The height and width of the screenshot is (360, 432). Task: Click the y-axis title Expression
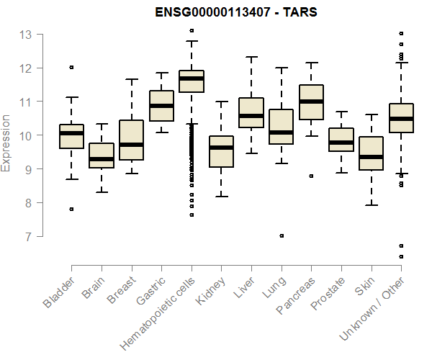tap(6, 143)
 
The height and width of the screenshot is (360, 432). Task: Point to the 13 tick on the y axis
tap(26, 34)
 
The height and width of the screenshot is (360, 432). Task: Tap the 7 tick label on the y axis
tap(26, 236)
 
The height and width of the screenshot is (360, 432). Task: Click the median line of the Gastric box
tap(161, 106)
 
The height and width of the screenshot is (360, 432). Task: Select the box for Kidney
tap(221, 151)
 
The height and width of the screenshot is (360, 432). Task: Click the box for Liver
tap(251, 112)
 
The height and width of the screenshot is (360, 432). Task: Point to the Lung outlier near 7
tap(282, 235)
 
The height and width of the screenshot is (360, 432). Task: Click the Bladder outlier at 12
tap(71, 67)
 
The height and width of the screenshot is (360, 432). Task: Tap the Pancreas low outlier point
tap(311, 176)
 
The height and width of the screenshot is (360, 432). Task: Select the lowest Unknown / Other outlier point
tap(401, 256)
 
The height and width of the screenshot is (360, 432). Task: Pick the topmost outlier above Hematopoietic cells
tap(192, 30)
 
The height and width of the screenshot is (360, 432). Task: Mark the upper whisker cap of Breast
tap(131, 79)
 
